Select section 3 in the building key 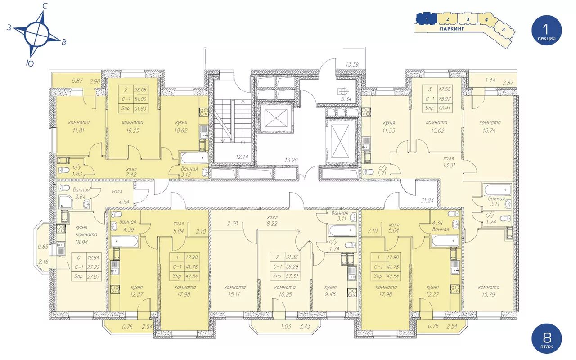pyautogui.click(x=468, y=19)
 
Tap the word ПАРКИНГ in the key pyautogui.click(x=452, y=29)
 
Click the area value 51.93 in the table pyautogui.click(x=140, y=108)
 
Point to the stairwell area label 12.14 pyautogui.click(x=242, y=157)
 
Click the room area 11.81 pyautogui.click(x=78, y=130)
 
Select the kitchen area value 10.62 pyautogui.click(x=181, y=130)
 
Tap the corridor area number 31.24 pyautogui.click(x=427, y=201)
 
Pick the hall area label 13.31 pyautogui.click(x=449, y=165)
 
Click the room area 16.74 pyautogui.click(x=489, y=130)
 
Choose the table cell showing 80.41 pyautogui.click(x=444, y=108)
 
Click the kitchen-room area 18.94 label pyautogui.click(x=81, y=242)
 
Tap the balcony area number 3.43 pyautogui.click(x=305, y=326)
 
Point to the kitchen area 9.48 pyautogui.click(x=330, y=294)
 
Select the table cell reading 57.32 pyautogui.click(x=292, y=276)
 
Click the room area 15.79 pyautogui.click(x=488, y=294)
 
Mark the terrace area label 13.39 pyautogui.click(x=352, y=64)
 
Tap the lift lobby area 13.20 pyautogui.click(x=291, y=160)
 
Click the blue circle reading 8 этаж pyautogui.click(x=547, y=338)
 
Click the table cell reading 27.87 pyautogui.click(x=93, y=276)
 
